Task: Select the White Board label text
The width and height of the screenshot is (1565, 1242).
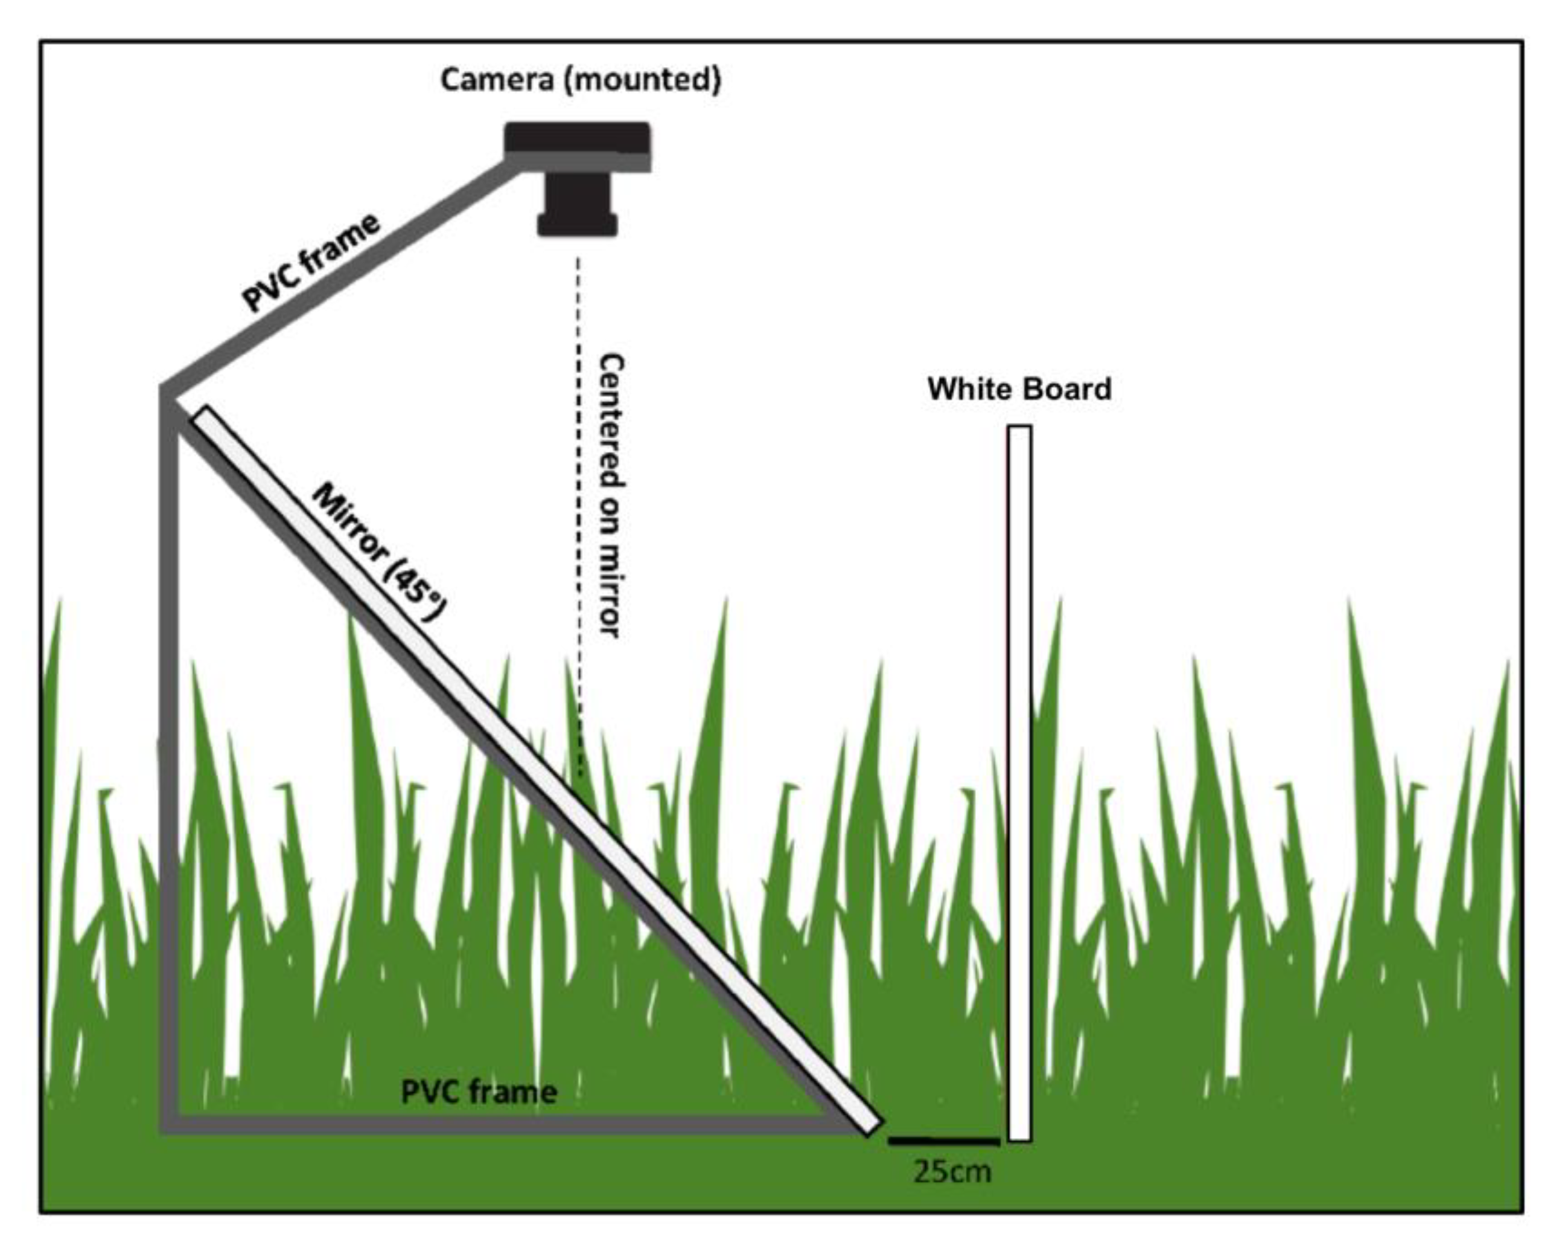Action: pos(1019,389)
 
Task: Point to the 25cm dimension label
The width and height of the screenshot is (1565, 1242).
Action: pos(952,1171)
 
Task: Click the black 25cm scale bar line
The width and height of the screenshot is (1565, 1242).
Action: pos(943,1141)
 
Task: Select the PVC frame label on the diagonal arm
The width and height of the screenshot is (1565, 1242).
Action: pos(311,263)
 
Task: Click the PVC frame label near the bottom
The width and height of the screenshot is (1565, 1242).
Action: pos(479,1092)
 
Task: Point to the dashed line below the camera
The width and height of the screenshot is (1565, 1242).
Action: pos(579,509)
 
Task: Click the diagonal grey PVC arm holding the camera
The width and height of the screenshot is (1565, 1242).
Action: pos(341,276)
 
